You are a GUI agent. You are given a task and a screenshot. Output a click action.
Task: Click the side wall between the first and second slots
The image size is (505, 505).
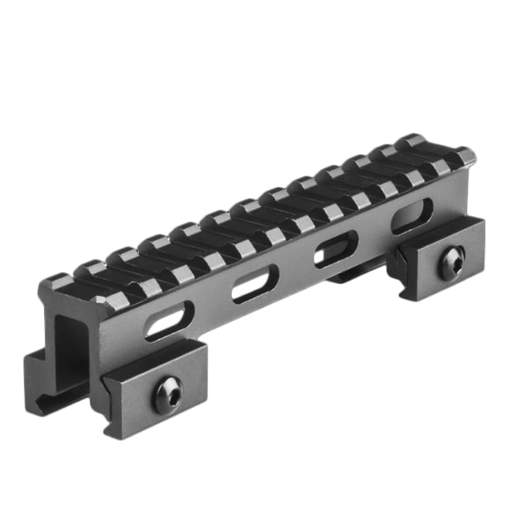point(209,308)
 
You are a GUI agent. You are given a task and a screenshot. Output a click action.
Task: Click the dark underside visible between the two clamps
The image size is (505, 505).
point(347,276)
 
